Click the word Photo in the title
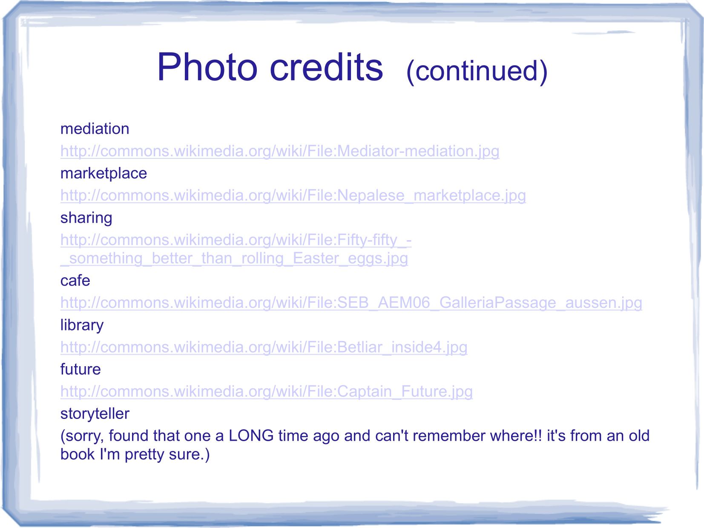click(x=207, y=67)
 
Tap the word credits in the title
click(x=327, y=67)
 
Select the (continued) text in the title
click(x=477, y=71)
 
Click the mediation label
click(x=95, y=129)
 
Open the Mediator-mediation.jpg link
click(x=280, y=151)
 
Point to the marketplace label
click(x=103, y=173)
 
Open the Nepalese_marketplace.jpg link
click(x=293, y=195)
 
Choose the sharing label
click(x=86, y=218)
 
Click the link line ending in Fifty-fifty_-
click(x=236, y=240)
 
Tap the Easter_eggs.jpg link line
click(x=234, y=258)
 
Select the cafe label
click(x=75, y=281)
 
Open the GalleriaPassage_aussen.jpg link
click(x=351, y=303)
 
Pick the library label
click(x=82, y=325)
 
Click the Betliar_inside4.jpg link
click(x=264, y=347)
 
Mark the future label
click(x=80, y=369)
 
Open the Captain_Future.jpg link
click(x=267, y=391)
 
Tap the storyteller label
click(x=95, y=413)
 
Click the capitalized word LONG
click(x=251, y=436)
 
